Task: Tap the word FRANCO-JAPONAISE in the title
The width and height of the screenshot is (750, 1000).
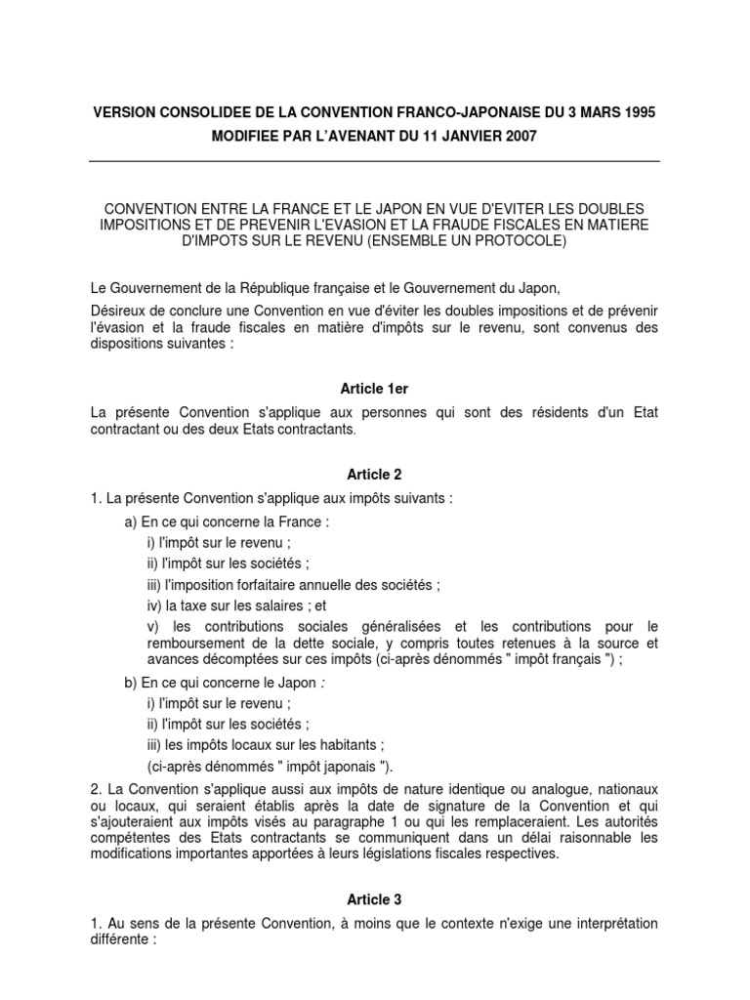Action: click(x=428, y=112)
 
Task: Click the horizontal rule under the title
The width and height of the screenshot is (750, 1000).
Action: click(x=375, y=163)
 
